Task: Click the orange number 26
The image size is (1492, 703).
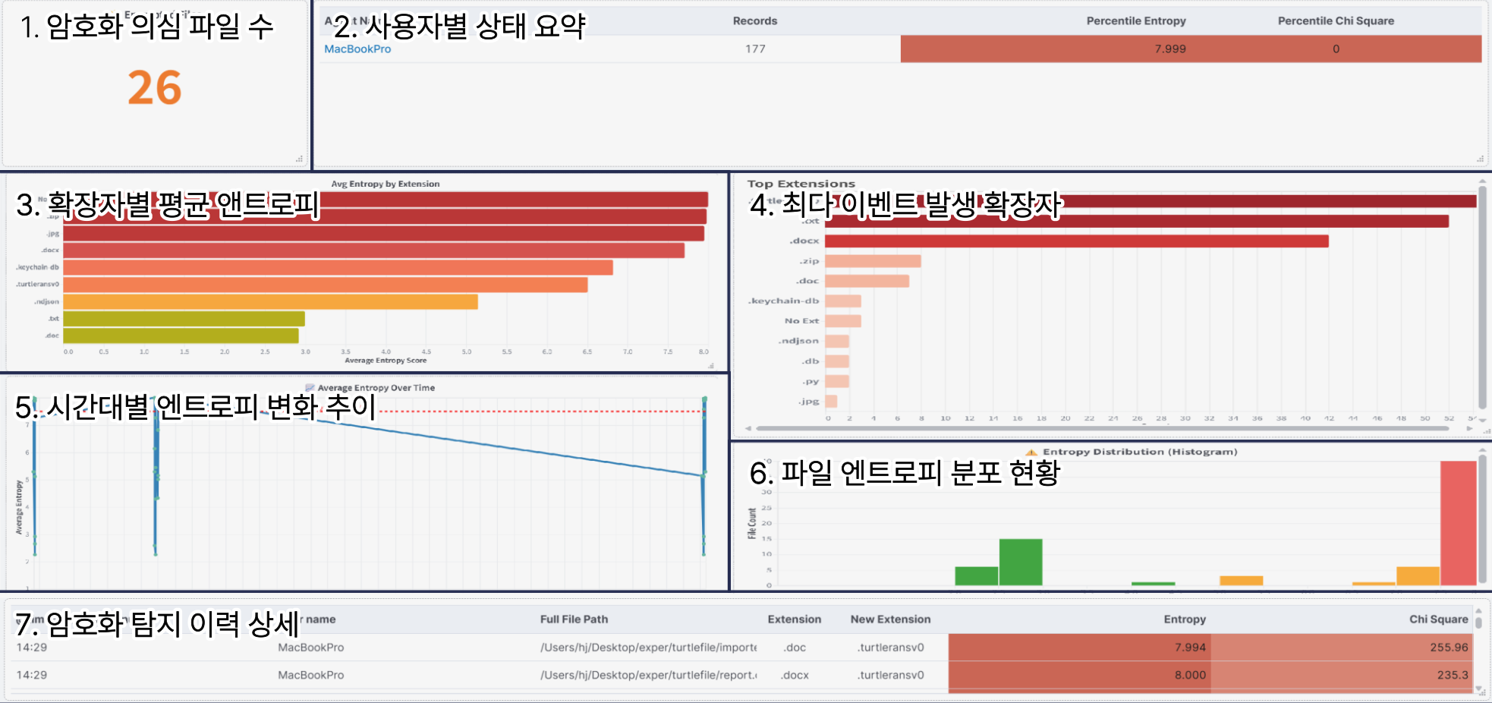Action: pyautogui.click(x=155, y=88)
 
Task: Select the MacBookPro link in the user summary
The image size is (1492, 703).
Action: pyautogui.click(x=357, y=49)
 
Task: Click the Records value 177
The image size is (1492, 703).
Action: pyautogui.click(x=755, y=49)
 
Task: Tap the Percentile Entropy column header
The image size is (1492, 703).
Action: pyautogui.click(x=1135, y=21)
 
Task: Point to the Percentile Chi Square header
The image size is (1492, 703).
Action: pyautogui.click(x=1336, y=21)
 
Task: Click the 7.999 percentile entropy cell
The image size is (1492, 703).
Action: pyautogui.click(x=1170, y=49)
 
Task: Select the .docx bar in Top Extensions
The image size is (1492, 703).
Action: pyautogui.click(x=1076, y=241)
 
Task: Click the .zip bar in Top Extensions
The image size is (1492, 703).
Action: pyautogui.click(x=873, y=261)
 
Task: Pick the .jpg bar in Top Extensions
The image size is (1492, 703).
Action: pyautogui.click(x=831, y=402)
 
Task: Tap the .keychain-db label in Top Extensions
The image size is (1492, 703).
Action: pyautogui.click(x=783, y=301)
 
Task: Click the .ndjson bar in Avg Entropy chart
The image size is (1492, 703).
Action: pyautogui.click(x=270, y=302)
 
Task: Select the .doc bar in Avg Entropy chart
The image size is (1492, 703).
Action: pyautogui.click(x=181, y=336)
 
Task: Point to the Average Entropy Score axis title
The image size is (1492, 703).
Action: pyautogui.click(x=386, y=361)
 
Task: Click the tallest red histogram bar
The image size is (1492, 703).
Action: pyautogui.click(x=1458, y=523)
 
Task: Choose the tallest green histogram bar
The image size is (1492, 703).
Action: pyautogui.click(x=1020, y=562)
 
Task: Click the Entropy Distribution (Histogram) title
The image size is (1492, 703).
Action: pyautogui.click(x=1139, y=452)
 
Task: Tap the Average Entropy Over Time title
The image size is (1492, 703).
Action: pyautogui.click(x=376, y=388)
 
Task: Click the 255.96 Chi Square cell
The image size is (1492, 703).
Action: pyautogui.click(x=1449, y=648)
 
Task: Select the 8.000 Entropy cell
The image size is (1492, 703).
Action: pyautogui.click(x=1189, y=675)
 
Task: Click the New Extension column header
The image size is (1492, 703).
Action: pyautogui.click(x=890, y=619)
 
